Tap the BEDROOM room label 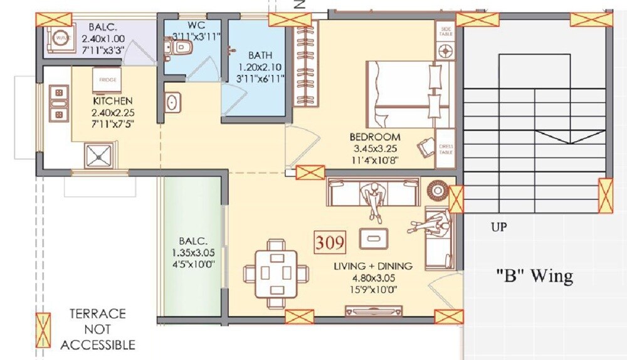(x=375, y=137)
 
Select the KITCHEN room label (x=113, y=101)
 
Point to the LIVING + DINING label (x=373, y=267)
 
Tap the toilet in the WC (x=182, y=47)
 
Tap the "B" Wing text (x=534, y=276)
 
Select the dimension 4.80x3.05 (x=373, y=277)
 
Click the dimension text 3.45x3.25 (x=375, y=149)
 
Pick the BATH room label (x=260, y=55)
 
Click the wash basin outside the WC (x=172, y=102)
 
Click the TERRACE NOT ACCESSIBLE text (x=97, y=329)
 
